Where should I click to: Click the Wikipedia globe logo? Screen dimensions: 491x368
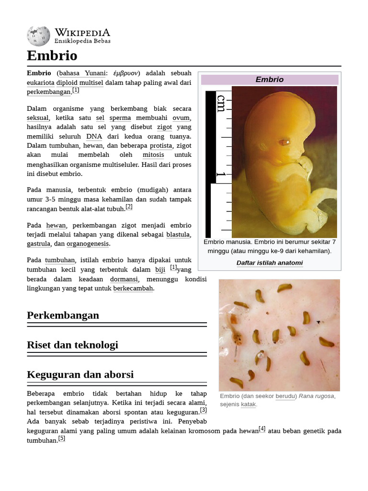tap(38, 35)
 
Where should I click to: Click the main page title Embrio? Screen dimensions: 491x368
tap(52, 56)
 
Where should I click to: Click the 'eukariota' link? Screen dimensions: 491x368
tap(40, 82)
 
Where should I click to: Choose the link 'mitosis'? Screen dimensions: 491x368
tap(153, 155)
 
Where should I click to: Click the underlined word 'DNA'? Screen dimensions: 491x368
tap(94, 136)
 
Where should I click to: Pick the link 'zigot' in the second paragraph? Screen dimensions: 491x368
tap(164, 127)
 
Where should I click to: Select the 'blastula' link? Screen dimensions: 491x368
tap(178, 234)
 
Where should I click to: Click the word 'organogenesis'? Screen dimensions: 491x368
tap(88, 244)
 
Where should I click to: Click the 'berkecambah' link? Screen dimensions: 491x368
tap(133, 289)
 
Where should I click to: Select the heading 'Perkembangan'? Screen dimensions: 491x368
tap(63, 315)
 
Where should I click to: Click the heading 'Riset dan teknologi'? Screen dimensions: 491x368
tap(72, 345)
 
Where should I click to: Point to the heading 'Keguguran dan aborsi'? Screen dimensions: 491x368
tap(80, 374)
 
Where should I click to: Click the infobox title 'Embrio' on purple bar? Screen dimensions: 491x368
tap(269, 80)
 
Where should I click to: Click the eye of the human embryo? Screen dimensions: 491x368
tap(284, 142)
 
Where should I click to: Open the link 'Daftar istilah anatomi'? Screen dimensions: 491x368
tap(269, 263)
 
